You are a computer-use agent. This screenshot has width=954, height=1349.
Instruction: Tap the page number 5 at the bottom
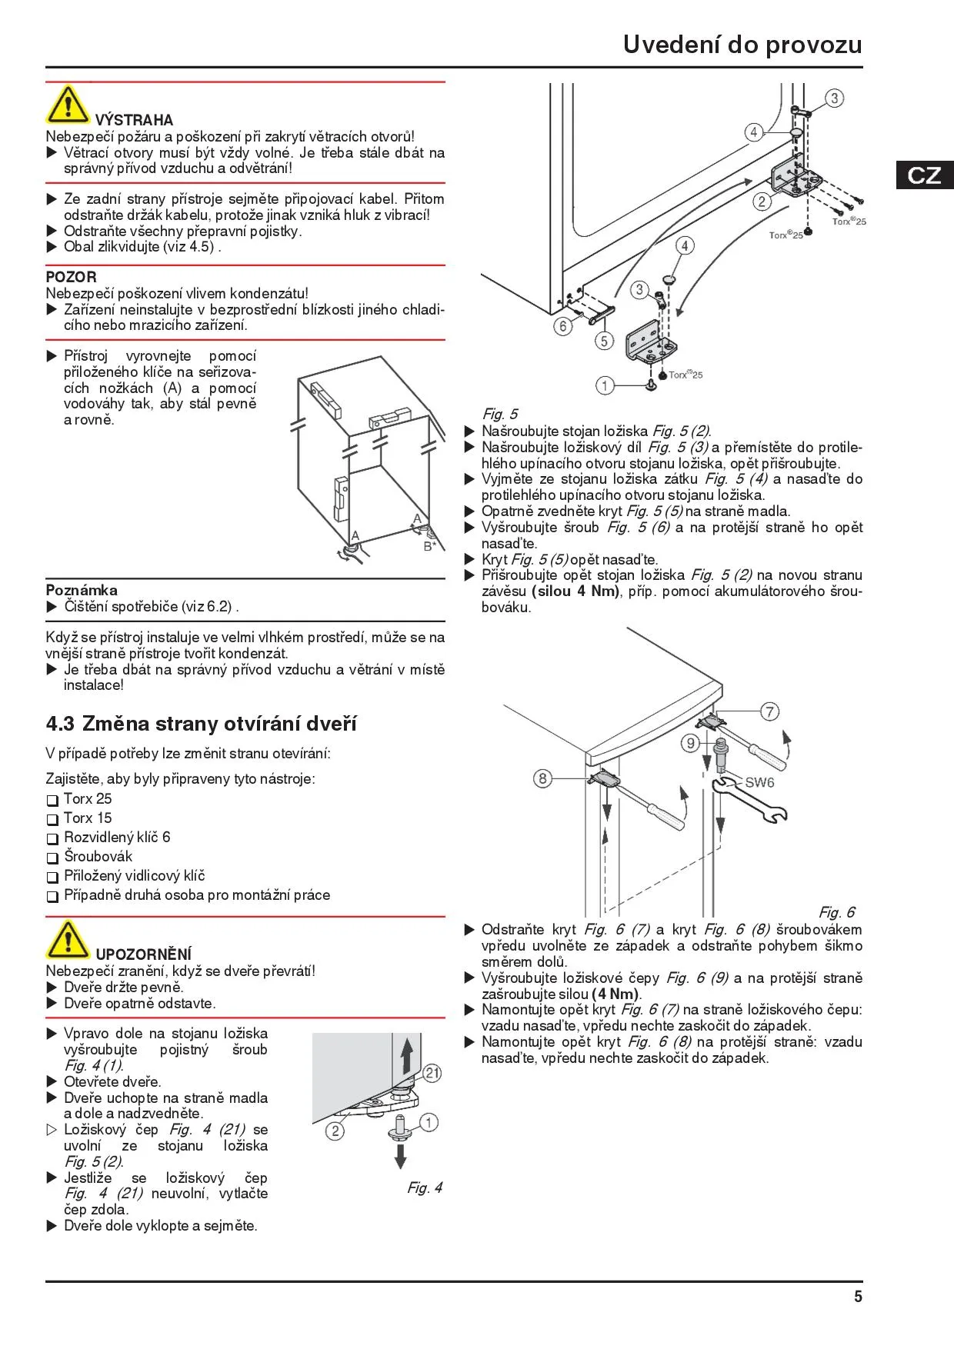tap(858, 1297)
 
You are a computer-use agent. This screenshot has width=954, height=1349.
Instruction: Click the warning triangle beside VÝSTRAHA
tap(68, 105)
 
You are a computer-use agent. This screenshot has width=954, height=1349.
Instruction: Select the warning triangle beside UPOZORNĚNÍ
tap(68, 940)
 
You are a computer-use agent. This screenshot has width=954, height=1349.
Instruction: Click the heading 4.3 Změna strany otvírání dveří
tap(202, 724)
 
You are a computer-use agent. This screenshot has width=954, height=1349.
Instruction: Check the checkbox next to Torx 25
tap(52, 800)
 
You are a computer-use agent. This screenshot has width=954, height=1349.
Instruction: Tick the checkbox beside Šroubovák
tap(52, 858)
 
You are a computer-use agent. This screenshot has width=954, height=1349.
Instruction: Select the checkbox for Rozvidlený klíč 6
tap(52, 838)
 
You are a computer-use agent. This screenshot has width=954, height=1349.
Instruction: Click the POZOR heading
tap(71, 277)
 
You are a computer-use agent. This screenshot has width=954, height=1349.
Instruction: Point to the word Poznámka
tap(82, 590)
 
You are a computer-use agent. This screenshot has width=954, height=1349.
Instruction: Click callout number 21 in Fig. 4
tap(432, 1073)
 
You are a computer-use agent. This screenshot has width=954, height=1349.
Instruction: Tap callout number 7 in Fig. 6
tap(769, 711)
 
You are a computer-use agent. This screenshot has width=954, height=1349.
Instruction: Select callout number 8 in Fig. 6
tap(542, 778)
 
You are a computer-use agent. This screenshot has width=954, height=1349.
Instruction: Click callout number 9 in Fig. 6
tap(691, 743)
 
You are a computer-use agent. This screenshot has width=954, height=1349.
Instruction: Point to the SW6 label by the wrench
tap(759, 783)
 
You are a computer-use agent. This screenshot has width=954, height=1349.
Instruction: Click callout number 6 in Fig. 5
tap(563, 326)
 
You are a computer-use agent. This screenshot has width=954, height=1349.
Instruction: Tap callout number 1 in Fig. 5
tap(605, 385)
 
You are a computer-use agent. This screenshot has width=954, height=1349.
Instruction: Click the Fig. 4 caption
tap(425, 1188)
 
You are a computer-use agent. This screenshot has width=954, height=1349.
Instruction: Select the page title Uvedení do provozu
tap(742, 45)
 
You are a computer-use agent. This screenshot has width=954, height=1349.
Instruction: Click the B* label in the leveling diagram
tap(429, 546)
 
